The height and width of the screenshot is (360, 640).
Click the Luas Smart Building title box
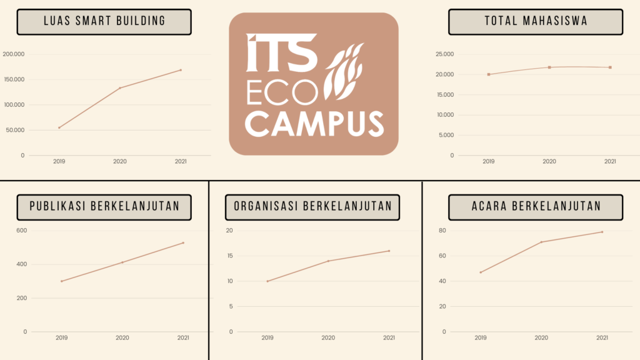(x=104, y=21)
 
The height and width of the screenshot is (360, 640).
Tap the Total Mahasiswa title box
(x=536, y=21)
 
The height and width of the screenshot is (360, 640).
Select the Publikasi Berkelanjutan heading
(x=104, y=207)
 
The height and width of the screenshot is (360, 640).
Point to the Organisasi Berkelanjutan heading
(x=312, y=207)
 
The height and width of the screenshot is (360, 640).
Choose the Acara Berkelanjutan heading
(x=536, y=207)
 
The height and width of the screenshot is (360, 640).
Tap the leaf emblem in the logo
(x=346, y=71)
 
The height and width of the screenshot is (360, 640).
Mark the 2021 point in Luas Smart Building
(x=181, y=70)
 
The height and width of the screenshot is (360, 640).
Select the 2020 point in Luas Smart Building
(x=120, y=88)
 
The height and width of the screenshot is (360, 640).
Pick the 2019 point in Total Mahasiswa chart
(x=489, y=74)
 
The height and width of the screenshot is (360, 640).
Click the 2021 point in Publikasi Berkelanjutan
(x=183, y=242)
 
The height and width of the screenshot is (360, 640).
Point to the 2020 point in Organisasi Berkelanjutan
(x=328, y=261)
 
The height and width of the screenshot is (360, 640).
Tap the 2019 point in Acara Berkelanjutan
(x=481, y=272)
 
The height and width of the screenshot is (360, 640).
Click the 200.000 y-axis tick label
(x=14, y=54)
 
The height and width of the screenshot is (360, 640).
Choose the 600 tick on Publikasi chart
(x=22, y=231)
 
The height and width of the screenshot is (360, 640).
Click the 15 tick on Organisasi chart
(x=229, y=256)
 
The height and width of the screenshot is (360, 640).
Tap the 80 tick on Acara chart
(x=442, y=231)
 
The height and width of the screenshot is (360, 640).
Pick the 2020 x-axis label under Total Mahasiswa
(x=549, y=161)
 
